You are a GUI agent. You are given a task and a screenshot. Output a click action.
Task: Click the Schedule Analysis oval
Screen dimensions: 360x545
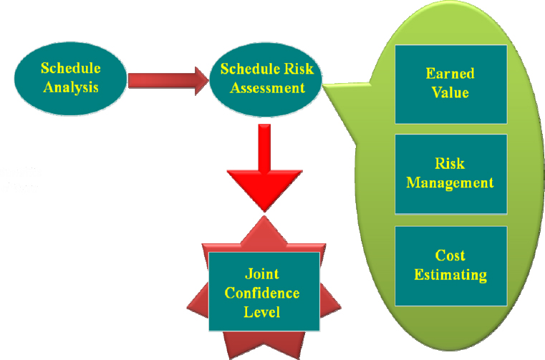(x=70, y=77)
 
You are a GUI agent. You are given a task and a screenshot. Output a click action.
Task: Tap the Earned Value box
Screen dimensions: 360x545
(x=450, y=84)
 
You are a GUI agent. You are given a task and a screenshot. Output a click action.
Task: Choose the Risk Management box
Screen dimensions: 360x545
(x=450, y=173)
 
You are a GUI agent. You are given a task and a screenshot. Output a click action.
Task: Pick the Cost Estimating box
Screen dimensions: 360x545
(x=450, y=266)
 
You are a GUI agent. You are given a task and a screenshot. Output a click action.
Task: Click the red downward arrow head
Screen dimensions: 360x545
(x=264, y=189)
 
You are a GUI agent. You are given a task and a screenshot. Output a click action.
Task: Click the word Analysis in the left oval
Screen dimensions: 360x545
(x=71, y=87)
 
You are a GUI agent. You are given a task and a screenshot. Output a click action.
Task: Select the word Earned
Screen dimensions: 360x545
(x=450, y=74)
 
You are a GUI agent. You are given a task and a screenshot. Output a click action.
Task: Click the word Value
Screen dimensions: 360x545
(x=450, y=92)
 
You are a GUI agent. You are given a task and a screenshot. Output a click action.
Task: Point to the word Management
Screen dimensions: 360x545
(x=450, y=183)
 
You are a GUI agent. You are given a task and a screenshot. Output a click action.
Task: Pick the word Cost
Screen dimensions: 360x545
(x=450, y=256)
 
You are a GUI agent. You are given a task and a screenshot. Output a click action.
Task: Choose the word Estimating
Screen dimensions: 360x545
(x=450, y=274)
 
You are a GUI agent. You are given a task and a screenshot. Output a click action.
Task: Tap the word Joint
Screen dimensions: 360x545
(x=262, y=274)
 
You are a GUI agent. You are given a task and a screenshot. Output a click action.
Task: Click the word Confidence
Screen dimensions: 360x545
(x=262, y=293)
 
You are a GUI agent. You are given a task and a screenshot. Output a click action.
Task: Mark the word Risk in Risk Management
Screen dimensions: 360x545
(x=450, y=164)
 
